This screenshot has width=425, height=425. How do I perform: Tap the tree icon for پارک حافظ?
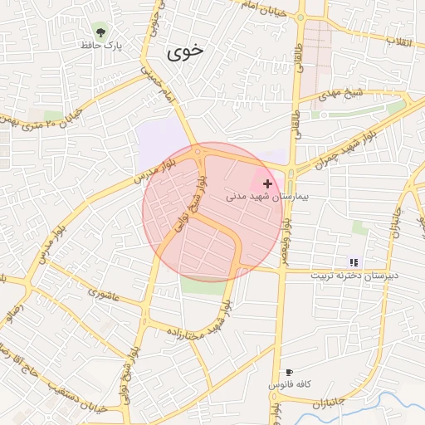tap(100, 32)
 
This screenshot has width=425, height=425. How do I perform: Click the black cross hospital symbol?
tap(267, 183)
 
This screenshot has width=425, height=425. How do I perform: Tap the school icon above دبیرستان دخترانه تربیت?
tap(354, 262)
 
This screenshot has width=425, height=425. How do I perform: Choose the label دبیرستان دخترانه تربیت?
tap(354, 275)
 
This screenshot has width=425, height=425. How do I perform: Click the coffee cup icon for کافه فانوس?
tap(289, 373)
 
